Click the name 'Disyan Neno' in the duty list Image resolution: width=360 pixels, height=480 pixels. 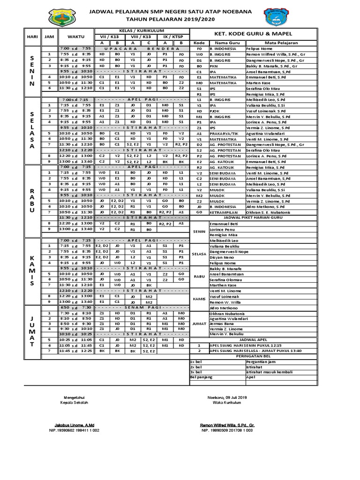pyautogui.click(x=221, y=257)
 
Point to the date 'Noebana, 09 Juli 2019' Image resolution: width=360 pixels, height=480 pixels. pyautogui.click(x=227, y=397)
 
